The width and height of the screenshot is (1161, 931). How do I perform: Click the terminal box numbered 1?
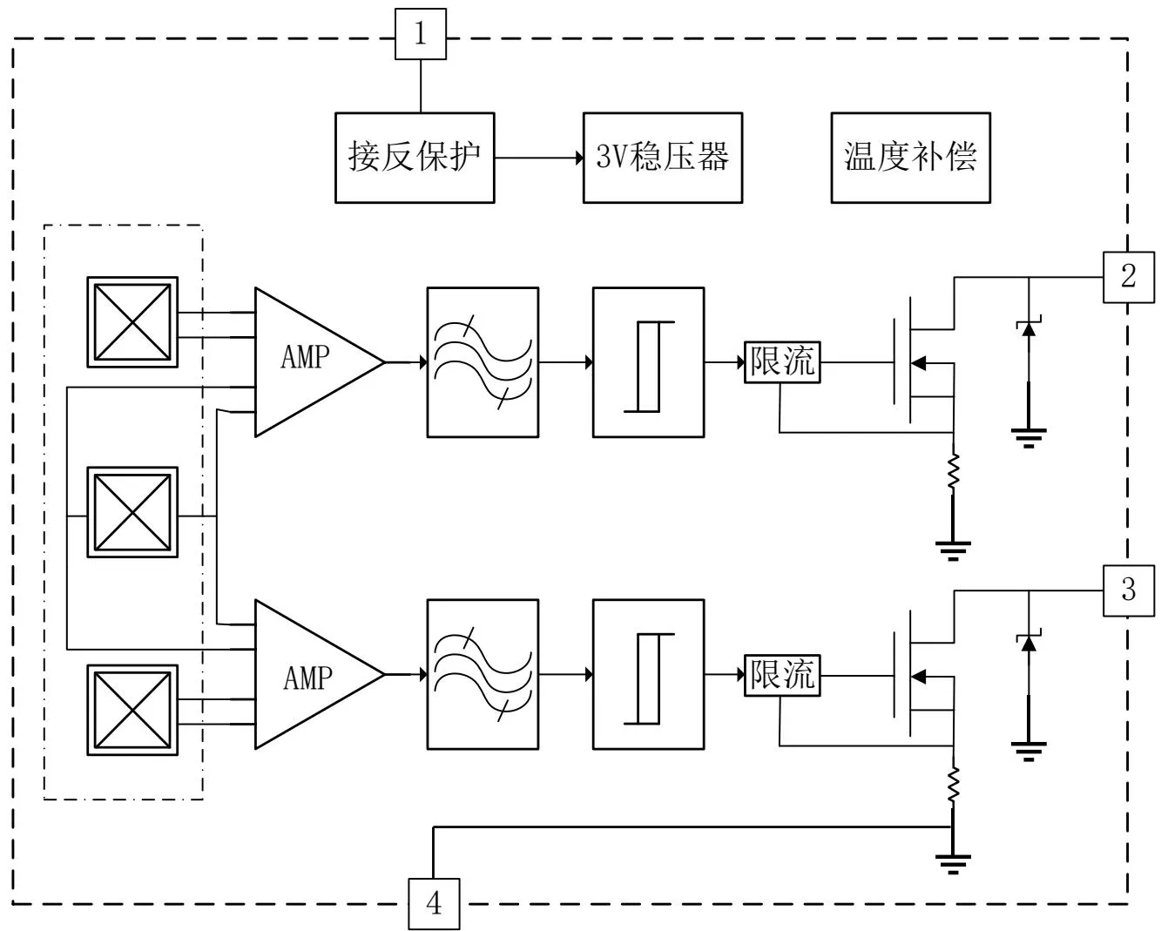pyautogui.click(x=421, y=35)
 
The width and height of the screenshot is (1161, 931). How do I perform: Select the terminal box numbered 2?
pyautogui.click(x=1128, y=277)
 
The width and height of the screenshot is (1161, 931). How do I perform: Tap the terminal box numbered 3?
pyautogui.click(x=1128, y=590)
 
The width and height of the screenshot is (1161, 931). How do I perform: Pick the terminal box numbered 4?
pyautogui.click(x=434, y=904)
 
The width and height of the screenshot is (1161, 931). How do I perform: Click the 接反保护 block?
pyautogui.click(x=415, y=158)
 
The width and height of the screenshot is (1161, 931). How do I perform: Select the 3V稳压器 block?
pyautogui.click(x=662, y=158)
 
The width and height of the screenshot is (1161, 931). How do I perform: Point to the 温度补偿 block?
pyautogui.click(x=910, y=158)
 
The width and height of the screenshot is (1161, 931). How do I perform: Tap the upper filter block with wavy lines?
pyautogui.click(x=482, y=361)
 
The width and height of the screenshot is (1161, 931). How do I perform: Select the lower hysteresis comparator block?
pyautogui.click(x=648, y=675)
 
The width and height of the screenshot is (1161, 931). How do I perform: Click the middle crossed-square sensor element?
pyautogui.click(x=132, y=512)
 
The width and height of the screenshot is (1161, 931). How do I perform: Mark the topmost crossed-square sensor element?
pyautogui.click(x=132, y=322)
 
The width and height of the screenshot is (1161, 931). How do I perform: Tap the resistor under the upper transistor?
pyautogui.click(x=954, y=472)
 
